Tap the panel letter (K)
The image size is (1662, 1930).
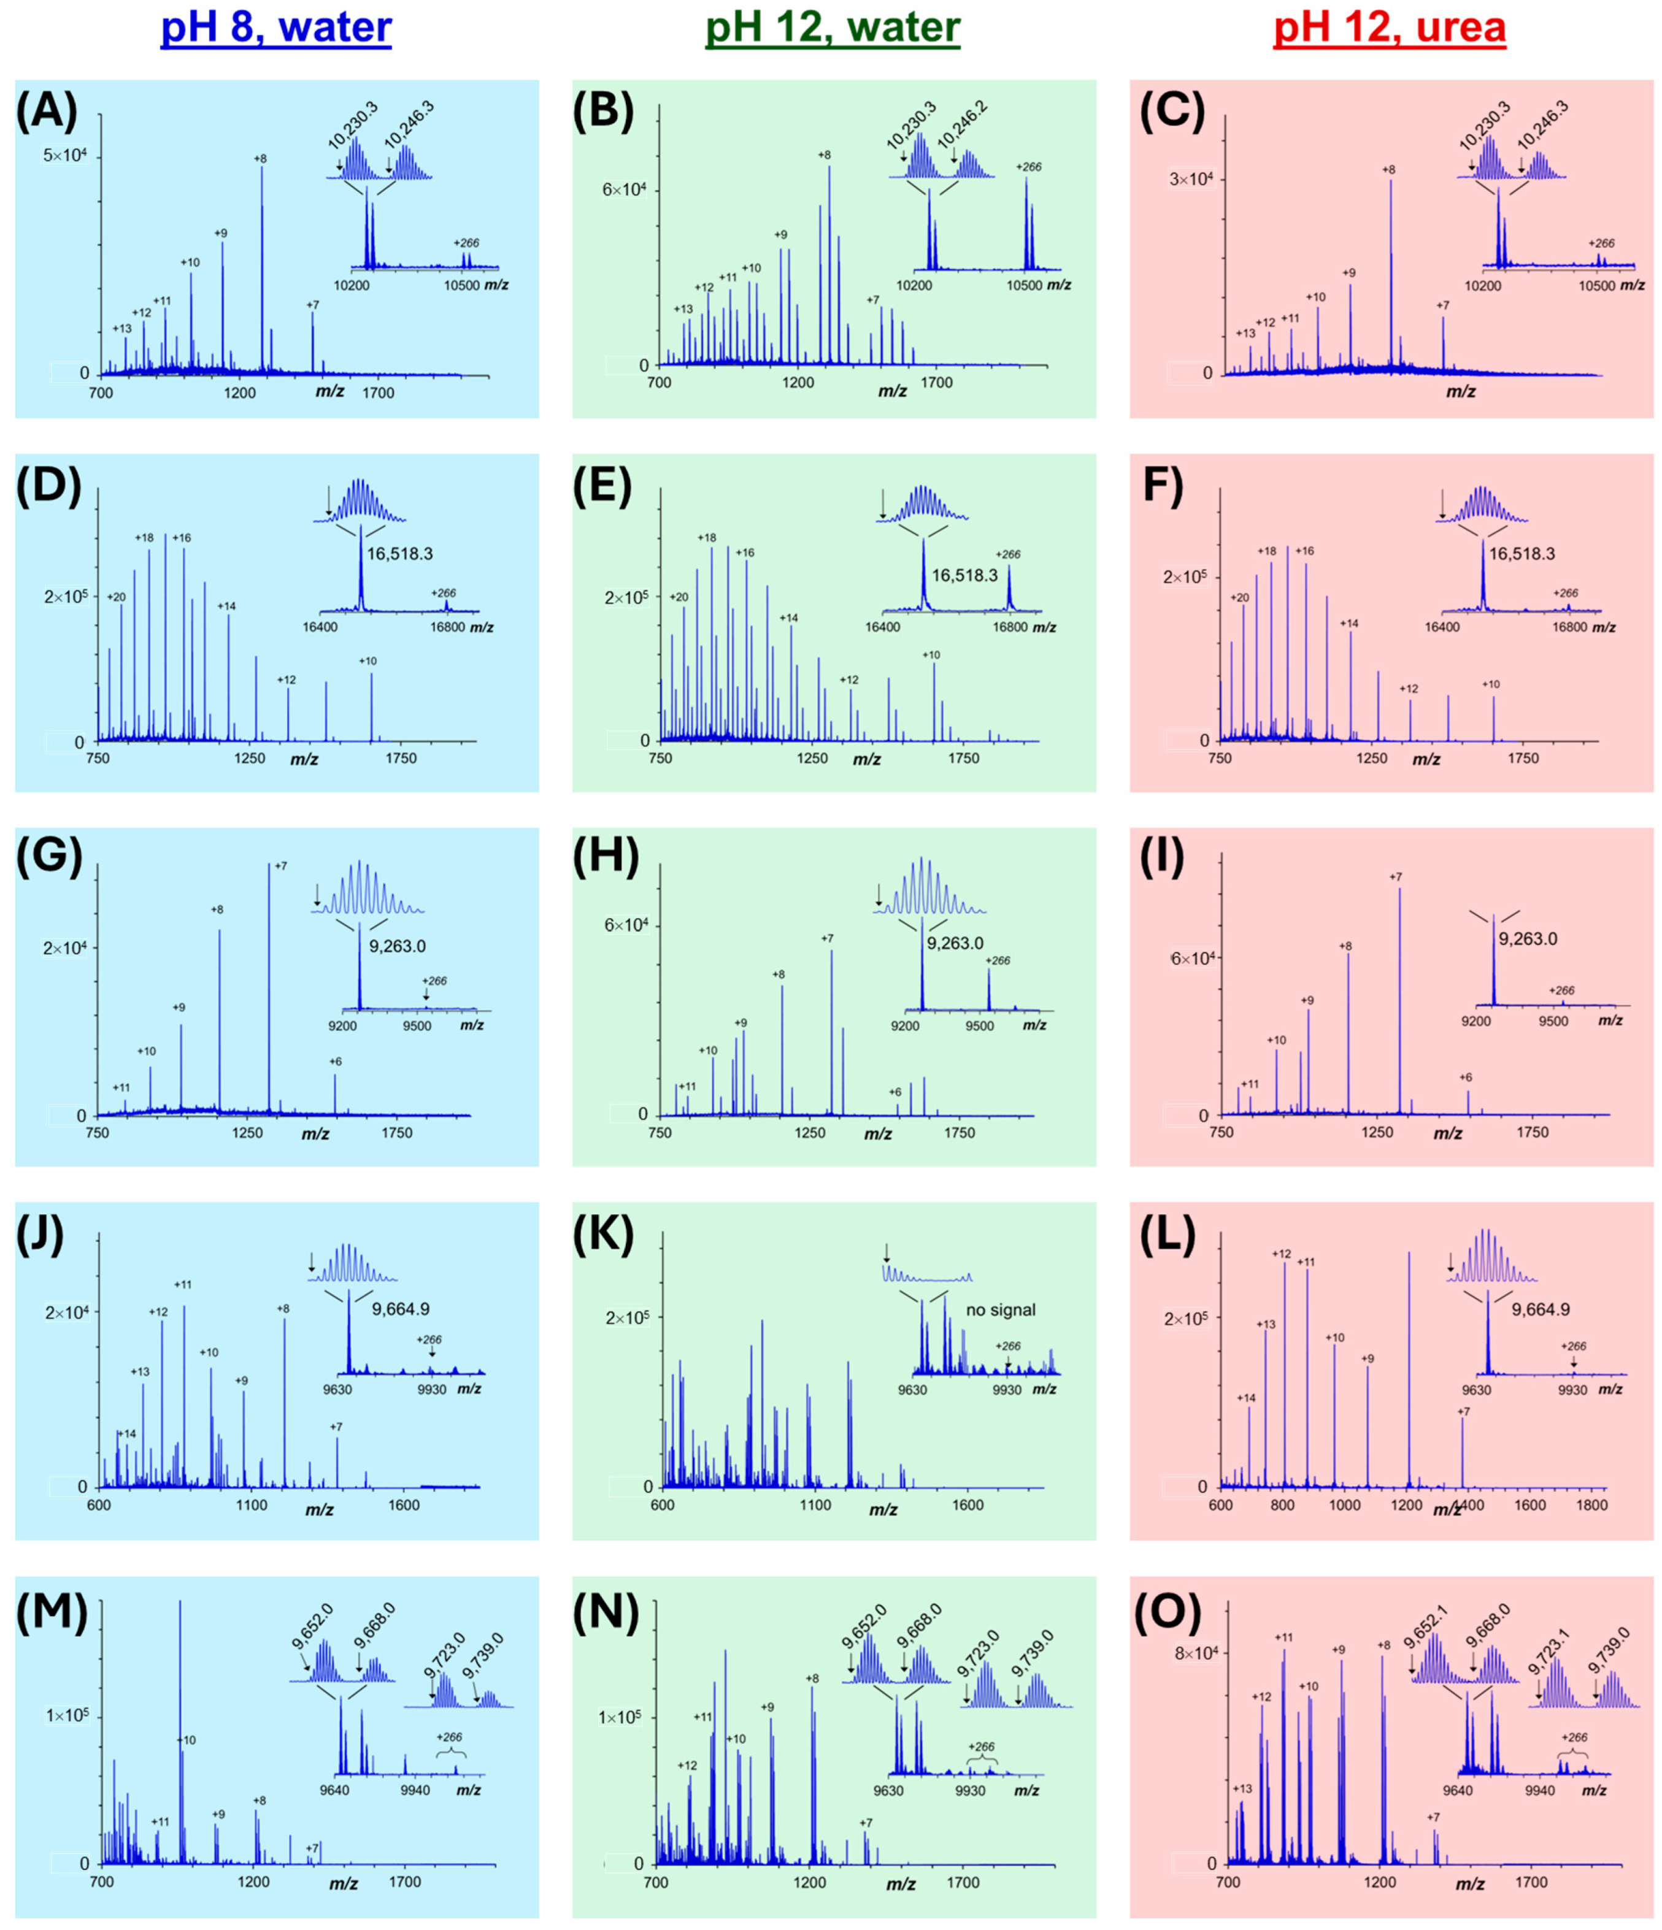(x=606, y=1236)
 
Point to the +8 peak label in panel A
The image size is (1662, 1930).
(x=260, y=158)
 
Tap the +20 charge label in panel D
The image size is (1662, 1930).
(x=117, y=597)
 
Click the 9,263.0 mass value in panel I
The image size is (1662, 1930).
(x=1528, y=939)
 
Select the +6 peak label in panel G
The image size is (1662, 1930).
(x=336, y=1061)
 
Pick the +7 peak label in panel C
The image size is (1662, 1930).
(x=1442, y=305)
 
